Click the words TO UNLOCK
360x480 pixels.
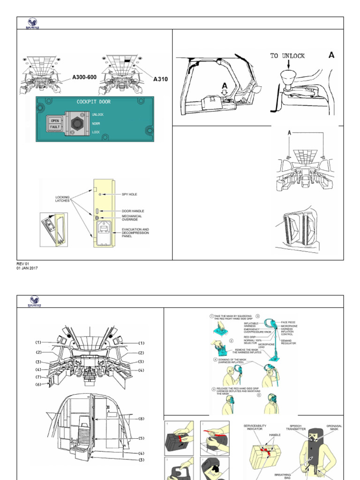(x=287, y=56)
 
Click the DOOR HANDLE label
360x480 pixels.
(x=133, y=211)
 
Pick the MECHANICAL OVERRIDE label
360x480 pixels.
(x=132, y=218)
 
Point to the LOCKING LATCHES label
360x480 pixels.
(x=62, y=199)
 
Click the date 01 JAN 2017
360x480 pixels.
(x=27, y=268)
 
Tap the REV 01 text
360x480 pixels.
(x=23, y=263)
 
